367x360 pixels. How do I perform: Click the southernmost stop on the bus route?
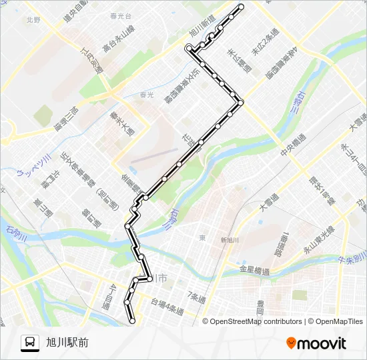132,321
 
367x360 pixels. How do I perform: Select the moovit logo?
316,343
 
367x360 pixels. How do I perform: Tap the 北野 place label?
33,21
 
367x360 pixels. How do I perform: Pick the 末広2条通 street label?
260,45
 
